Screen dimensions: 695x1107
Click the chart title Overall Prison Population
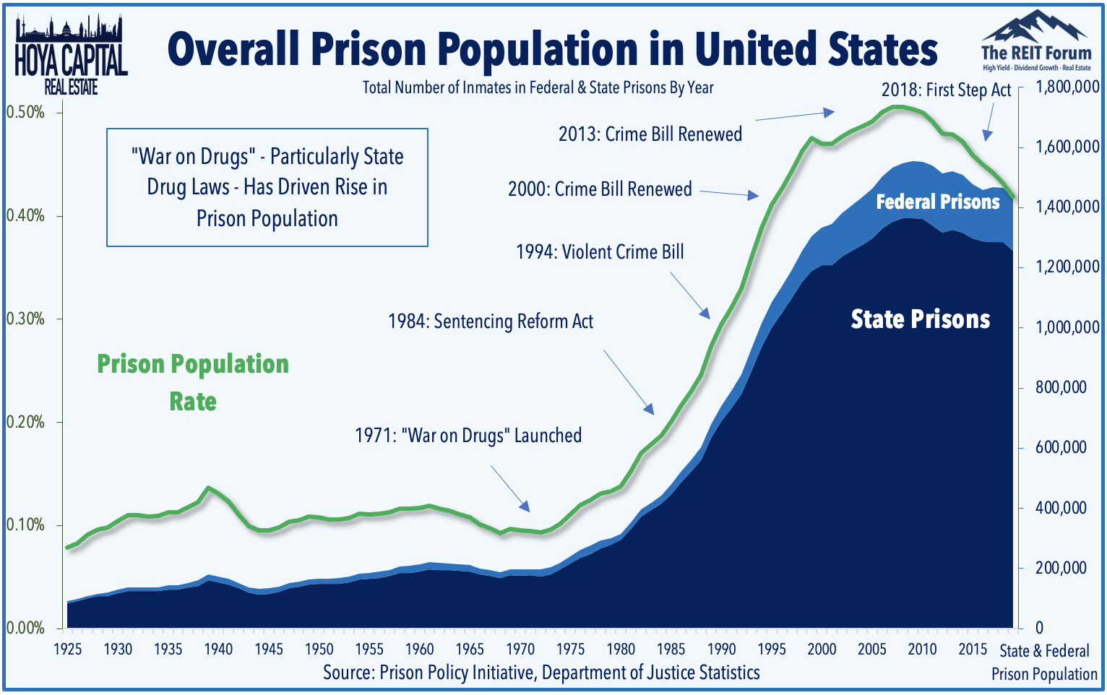point(552,49)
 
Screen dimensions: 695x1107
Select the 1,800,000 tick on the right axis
point(1067,87)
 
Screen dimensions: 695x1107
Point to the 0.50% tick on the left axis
point(25,113)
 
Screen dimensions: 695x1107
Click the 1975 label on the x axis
point(570,649)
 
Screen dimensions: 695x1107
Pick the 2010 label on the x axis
point(922,649)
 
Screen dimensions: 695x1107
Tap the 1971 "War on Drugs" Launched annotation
point(468,436)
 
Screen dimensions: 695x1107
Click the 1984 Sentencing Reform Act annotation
point(491,321)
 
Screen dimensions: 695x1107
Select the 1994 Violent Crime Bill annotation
point(600,252)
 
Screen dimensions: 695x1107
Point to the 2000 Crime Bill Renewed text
point(600,189)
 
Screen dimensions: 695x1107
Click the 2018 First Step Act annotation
point(946,90)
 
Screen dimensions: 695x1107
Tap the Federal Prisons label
point(938,202)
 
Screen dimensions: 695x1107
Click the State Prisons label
point(920,319)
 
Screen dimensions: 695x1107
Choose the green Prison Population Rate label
point(193,382)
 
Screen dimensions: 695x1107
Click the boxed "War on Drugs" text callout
point(267,187)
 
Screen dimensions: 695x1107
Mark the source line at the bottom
point(541,673)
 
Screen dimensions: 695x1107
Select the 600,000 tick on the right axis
point(1061,448)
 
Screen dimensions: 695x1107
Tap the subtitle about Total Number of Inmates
point(538,88)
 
